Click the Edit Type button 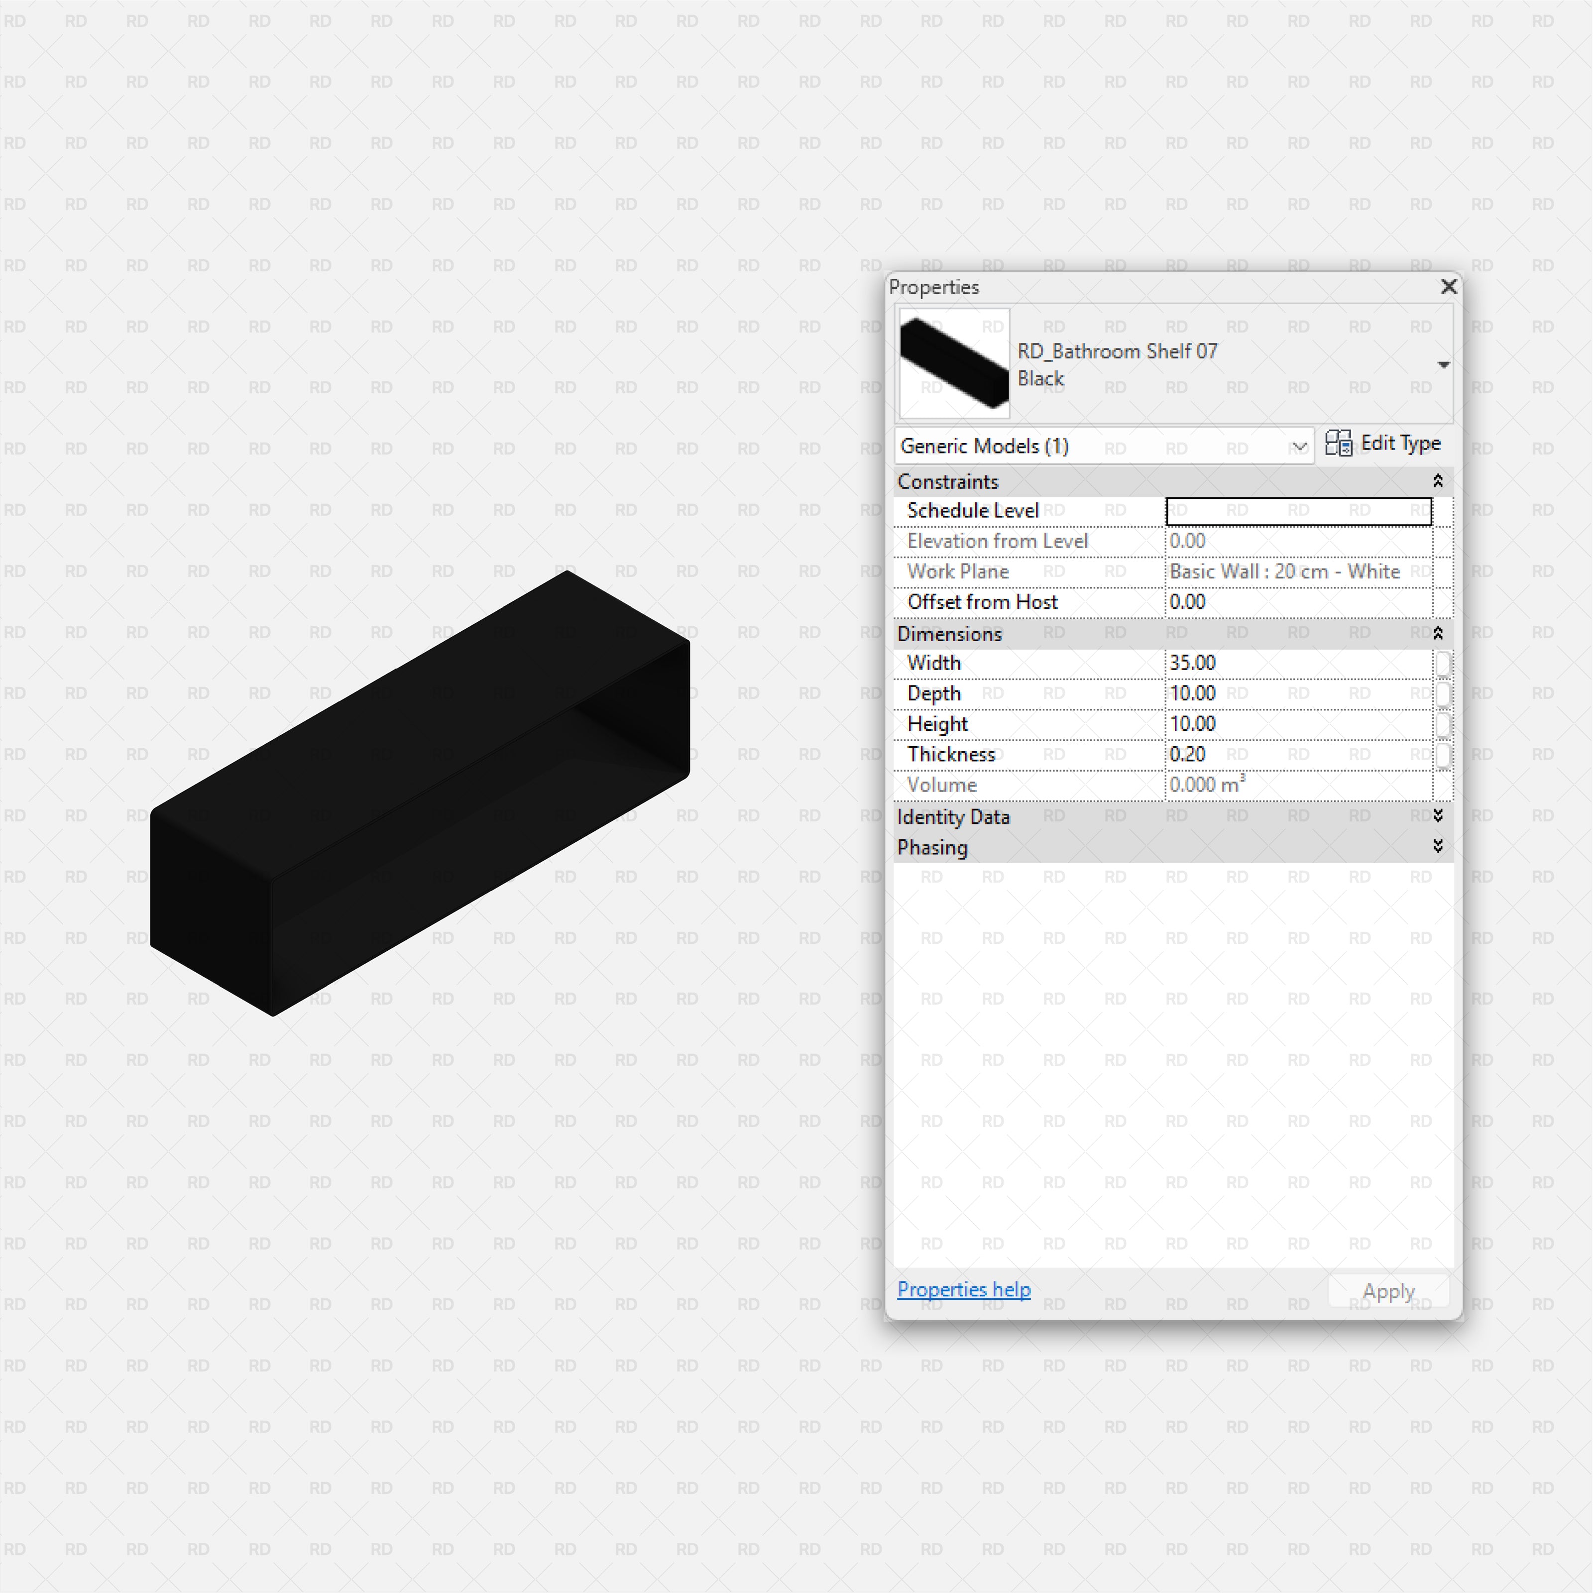1383,444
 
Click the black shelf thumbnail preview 954,363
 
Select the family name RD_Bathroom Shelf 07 1117,351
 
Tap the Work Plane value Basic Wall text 1284,571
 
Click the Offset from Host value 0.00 1187,602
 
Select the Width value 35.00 1192,663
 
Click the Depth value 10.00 1192,693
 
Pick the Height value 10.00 1192,724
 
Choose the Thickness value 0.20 1187,755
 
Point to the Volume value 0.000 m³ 1206,785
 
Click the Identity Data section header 953,817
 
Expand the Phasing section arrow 1437,847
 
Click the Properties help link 963,1289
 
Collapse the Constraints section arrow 1437,481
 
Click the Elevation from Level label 997,542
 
